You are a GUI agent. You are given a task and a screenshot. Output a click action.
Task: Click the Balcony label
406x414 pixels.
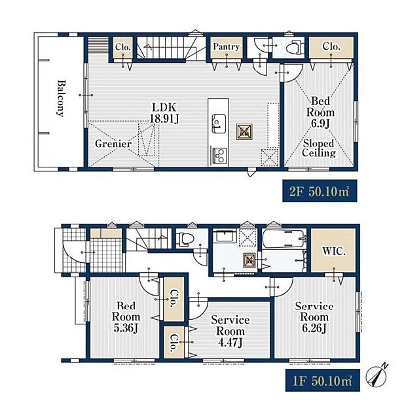[x=61, y=98]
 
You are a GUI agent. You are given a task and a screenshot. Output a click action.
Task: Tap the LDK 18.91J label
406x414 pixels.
[x=164, y=113]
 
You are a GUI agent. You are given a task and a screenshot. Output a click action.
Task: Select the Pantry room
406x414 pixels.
[x=227, y=48]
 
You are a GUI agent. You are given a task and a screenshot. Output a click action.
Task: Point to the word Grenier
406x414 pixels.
[x=113, y=144]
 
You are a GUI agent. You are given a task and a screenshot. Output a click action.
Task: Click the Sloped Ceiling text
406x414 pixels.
[x=319, y=148]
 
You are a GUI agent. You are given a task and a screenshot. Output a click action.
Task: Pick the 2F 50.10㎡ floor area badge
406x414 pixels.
[x=320, y=191]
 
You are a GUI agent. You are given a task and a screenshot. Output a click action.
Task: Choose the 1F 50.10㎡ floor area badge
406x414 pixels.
[x=322, y=380]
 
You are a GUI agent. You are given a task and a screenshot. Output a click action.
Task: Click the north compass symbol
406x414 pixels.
[x=377, y=375]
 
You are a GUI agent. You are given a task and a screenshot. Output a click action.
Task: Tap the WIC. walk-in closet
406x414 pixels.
[x=333, y=250]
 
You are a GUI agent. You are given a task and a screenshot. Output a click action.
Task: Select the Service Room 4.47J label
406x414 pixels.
[x=231, y=332]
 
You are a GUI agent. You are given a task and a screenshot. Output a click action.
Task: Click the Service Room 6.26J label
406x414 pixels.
[x=314, y=317]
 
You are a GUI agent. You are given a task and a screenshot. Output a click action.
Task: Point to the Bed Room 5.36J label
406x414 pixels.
[x=126, y=317]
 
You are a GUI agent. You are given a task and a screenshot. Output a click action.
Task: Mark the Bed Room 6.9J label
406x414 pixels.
[x=321, y=112]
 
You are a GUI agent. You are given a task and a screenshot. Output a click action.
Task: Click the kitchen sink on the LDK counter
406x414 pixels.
[x=219, y=124]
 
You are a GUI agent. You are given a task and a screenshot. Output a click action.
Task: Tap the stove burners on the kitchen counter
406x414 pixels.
[x=219, y=155]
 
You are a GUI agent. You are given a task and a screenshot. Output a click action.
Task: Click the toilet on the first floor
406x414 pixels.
[x=187, y=239]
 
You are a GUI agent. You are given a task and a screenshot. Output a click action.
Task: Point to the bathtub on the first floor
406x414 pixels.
[x=284, y=239]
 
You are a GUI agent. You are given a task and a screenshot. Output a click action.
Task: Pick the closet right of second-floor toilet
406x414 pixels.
[x=331, y=48]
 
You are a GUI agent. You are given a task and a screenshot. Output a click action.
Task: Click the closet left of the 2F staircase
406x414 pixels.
[x=123, y=48]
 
